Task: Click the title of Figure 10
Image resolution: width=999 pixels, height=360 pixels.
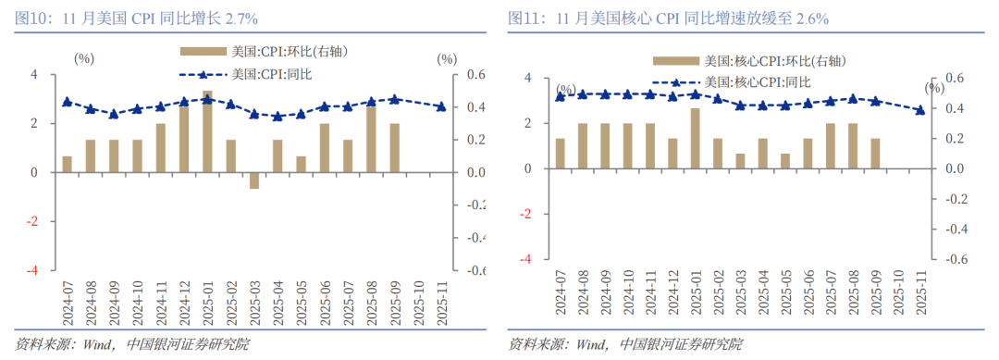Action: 134,18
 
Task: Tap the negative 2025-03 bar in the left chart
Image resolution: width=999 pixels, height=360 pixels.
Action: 254,180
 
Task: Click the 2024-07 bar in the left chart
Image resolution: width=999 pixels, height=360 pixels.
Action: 67,164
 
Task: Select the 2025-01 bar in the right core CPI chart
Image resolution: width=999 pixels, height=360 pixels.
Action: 695,139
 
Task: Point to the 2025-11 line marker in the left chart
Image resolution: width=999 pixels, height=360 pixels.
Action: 441,107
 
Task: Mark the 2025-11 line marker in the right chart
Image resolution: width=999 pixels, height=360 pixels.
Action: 920,110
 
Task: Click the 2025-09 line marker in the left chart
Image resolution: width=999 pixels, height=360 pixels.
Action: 395,99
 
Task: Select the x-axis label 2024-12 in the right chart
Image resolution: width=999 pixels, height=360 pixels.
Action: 672,293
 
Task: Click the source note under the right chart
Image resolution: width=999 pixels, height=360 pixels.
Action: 625,345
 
